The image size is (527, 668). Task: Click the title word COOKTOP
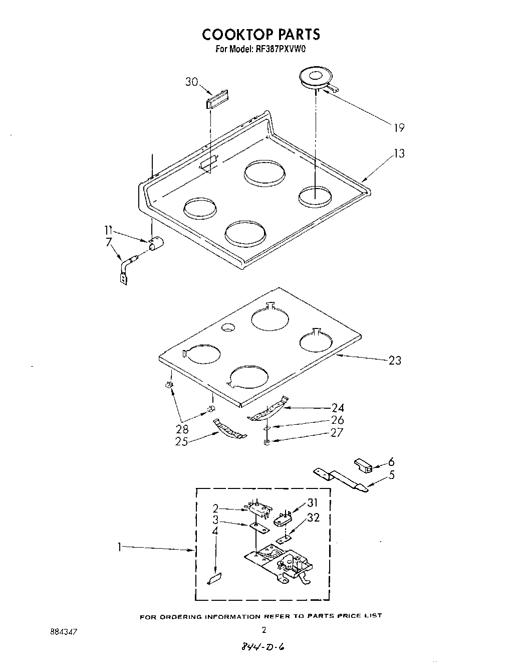pyautogui.click(x=234, y=34)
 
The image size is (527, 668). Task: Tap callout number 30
pyautogui.click(x=192, y=82)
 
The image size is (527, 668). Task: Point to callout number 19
pyautogui.click(x=398, y=127)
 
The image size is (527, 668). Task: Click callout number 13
pyautogui.click(x=399, y=153)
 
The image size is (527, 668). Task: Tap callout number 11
pyautogui.click(x=108, y=231)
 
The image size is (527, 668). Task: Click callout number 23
pyautogui.click(x=395, y=360)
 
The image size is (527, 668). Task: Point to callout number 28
pyautogui.click(x=182, y=429)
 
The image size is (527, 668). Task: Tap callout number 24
pyautogui.click(x=337, y=408)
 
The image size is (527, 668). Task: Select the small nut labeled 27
pyautogui.click(x=267, y=442)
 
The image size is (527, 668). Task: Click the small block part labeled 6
pyautogui.click(x=363, y=465)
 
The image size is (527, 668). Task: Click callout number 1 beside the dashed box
pyautogui.click(x=119, y=548)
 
